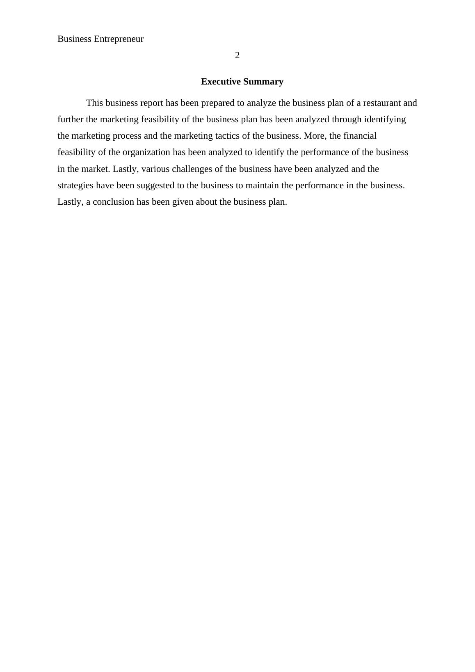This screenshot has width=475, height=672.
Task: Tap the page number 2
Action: click(237, 55)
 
